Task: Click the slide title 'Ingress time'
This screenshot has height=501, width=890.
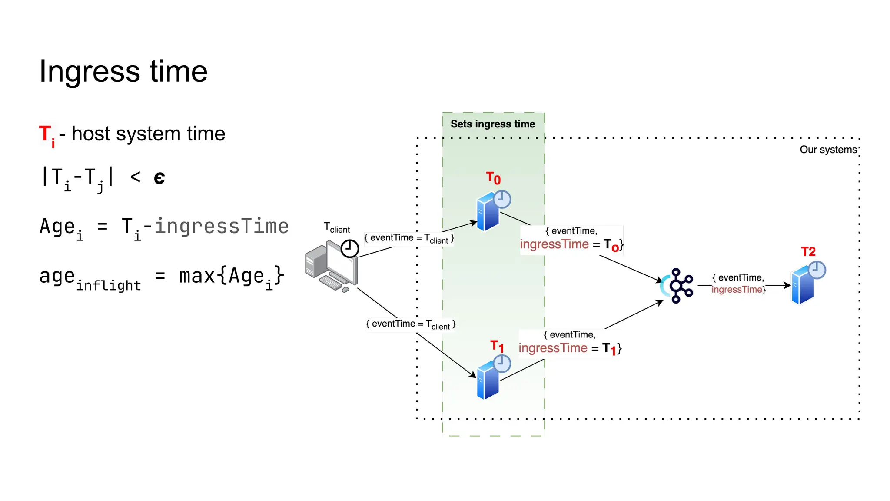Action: coord(123,71)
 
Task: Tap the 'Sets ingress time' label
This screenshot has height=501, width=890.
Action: coord(493,124)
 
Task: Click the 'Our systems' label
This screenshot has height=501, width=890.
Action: coord(828,150)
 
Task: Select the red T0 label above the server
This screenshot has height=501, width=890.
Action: coord(493,178)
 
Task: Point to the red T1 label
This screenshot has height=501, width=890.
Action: coord(497,347)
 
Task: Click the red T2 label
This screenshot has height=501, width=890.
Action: coord(808,252)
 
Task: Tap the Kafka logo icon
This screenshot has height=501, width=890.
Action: coord(678,286)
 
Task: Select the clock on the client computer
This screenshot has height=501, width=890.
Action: coord(349,249)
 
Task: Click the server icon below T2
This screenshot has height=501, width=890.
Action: coord(803,286)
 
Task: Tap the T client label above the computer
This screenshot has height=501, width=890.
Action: coord(337,228)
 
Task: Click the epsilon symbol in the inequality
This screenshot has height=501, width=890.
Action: coord(159,177)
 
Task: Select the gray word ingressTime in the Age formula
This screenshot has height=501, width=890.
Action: coord(222,226)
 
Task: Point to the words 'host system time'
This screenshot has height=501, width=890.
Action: coord(148,134)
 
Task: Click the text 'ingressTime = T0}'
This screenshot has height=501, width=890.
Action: coord(571,245)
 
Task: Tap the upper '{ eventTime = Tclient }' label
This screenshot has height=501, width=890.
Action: coord(409,238)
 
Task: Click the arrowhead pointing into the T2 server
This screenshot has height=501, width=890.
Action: coord(787,286)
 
